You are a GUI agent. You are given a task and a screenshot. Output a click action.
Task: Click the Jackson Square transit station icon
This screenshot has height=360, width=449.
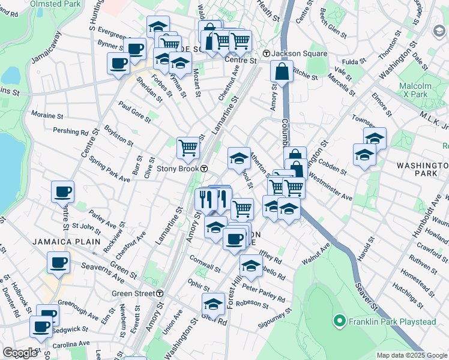click(x=266, y=53)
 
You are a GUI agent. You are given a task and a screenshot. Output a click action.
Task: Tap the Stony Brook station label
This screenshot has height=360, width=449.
click(x=178, y=169)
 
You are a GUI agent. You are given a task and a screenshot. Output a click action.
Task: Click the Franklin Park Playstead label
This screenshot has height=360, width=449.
click(x=391, y=322)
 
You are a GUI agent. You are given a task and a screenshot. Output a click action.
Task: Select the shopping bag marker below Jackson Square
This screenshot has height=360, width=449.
click(x=282, y=73)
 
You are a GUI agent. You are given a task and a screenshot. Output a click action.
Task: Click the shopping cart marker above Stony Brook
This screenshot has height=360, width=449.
click(x=188, y=147)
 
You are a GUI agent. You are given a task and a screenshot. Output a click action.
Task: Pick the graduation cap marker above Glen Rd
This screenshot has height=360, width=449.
click(x=213, y=305)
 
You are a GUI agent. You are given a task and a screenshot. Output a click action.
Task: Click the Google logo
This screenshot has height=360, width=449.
click(x=20, y=352)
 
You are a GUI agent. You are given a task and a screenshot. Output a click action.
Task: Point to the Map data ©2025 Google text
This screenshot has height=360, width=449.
click(x=412, y=355)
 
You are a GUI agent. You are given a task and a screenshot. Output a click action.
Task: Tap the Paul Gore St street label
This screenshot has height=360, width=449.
click(x=134, y=112)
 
